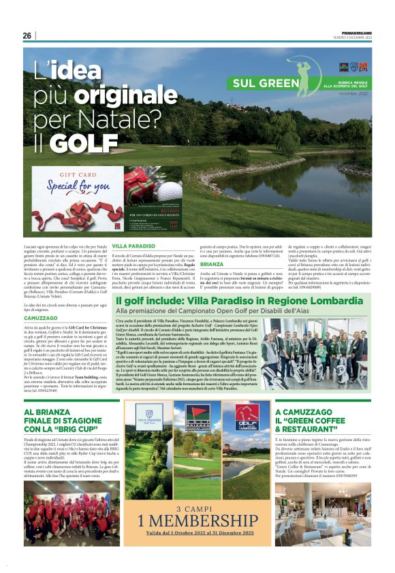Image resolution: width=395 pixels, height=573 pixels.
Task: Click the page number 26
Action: pos(27,35)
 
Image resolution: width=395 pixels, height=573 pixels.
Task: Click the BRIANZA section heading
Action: pos(212,263)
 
